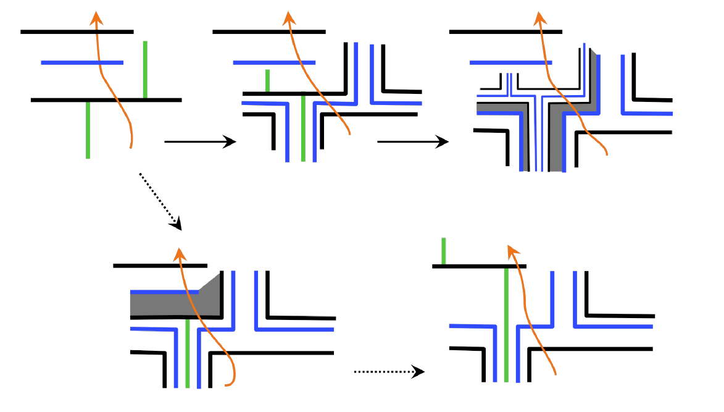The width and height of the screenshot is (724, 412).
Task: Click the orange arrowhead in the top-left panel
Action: pyautogui.click(x=96, y=19)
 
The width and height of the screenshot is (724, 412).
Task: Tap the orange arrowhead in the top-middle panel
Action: pyautogui.click(x=288, y=19)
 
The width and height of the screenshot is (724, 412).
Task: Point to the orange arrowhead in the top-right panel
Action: pyautogui.click(x=540, y=19)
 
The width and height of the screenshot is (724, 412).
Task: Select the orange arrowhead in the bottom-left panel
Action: pyautogui.click(x=179, y=254)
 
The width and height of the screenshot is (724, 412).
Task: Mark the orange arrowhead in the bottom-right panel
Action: pyautogui.click(x=513, y=251)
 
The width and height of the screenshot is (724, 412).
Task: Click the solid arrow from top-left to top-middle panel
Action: pyautogui.click(x=200, y=142)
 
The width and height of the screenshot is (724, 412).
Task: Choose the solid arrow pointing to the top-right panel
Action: pyautogui.click(x=412, y=142)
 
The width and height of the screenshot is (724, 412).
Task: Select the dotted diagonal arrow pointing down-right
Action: pyautogui.click(x=160, y=201)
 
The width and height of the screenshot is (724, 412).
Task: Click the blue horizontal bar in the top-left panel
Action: pyautogui.click(x=81, y=62)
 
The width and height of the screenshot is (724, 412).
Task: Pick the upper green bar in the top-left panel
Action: pyautogui.click(x=145, y=69)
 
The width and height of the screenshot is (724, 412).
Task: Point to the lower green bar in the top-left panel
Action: pyautogui.click(x=88, y=130)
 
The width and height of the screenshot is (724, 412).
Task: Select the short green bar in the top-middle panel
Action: pyautogui.click(x=267, y=80)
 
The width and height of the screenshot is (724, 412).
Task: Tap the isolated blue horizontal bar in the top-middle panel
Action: pyautogui.click(x=274, y=62)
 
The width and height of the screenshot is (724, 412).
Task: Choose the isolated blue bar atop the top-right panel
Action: pyautogui.click(x=510, y=62)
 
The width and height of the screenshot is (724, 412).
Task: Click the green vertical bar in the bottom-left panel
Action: pyautogui.click(x=188, y=353)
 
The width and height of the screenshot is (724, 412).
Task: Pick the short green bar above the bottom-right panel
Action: pyautogui.click(x=443, y=250)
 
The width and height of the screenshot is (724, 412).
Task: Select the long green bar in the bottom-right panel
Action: pyautogui.click(x=506, y=325)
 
